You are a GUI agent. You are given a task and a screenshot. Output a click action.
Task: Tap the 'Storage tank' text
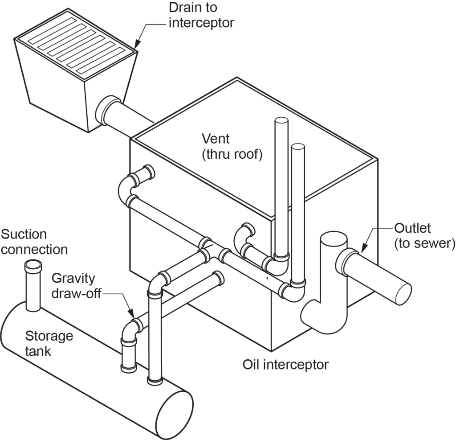point(49,343)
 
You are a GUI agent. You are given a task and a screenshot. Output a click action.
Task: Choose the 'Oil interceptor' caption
point(285,365)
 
